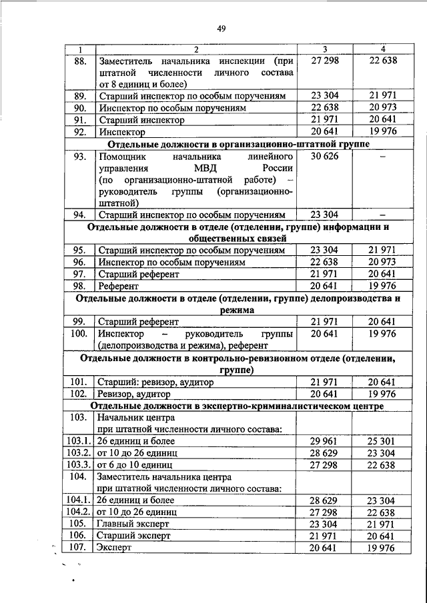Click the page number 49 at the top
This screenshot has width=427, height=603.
222,27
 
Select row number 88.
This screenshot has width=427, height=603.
79,60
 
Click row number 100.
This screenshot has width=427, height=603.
79,333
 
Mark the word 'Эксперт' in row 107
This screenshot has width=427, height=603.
115,547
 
